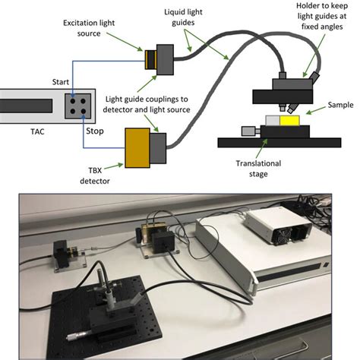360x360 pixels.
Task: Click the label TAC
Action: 37,131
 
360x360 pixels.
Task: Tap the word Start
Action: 61,82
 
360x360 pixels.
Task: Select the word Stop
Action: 95,131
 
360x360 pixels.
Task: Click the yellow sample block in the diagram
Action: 289,121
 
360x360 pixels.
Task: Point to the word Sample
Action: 340,105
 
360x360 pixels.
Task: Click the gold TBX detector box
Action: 137,148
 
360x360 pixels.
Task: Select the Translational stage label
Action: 258,169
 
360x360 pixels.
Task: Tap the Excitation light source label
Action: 89,28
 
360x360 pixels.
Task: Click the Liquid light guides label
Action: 183,17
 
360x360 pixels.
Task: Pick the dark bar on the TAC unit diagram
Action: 26,106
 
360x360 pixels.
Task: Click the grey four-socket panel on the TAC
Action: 78,106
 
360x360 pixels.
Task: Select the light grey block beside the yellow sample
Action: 273,121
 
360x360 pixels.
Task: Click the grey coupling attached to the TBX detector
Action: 158,148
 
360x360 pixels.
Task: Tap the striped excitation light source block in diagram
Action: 151,60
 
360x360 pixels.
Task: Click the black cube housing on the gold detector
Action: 163,242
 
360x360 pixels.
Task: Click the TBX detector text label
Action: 95,175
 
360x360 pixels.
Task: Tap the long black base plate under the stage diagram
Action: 279,143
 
